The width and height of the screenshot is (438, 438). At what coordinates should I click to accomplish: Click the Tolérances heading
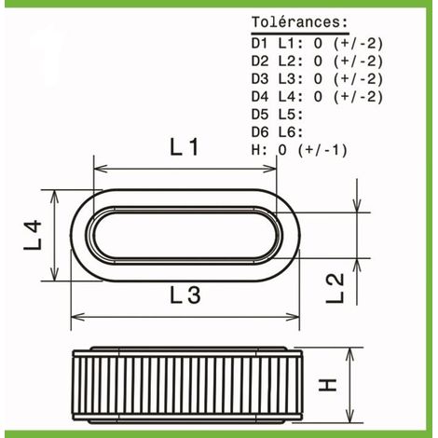[300, 22]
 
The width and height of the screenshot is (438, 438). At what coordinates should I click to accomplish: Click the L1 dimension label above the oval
[185, 147]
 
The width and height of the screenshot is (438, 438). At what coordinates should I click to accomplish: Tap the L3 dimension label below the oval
[185, 294]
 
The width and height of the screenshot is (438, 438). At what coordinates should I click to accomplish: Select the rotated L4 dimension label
[33, 235]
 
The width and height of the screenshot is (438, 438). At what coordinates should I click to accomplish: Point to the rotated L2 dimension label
[335, 288]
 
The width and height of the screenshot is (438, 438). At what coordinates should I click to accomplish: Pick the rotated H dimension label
[327, 385]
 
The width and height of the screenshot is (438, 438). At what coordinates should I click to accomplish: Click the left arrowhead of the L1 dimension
[101, 169]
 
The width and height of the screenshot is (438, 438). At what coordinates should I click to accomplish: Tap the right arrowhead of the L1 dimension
[269, 169]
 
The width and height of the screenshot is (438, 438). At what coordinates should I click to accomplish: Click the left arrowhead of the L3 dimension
[78, 317]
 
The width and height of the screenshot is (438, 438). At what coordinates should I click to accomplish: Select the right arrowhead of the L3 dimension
[293, 317]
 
